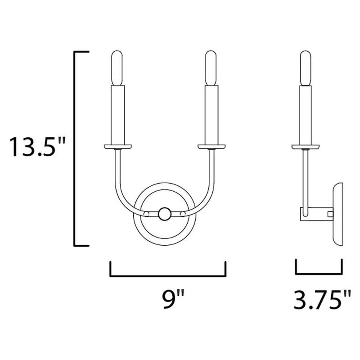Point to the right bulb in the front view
(x=211, y=68)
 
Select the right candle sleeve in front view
(x=211, y=115)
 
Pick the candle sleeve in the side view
(x=306, y=115)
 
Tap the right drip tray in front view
(x=211, y=146)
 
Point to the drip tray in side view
(x=306, y=146)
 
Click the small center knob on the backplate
(x=164, y=213)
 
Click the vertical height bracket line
(x=75, y=148)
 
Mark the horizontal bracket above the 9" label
(x=167, y=275)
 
